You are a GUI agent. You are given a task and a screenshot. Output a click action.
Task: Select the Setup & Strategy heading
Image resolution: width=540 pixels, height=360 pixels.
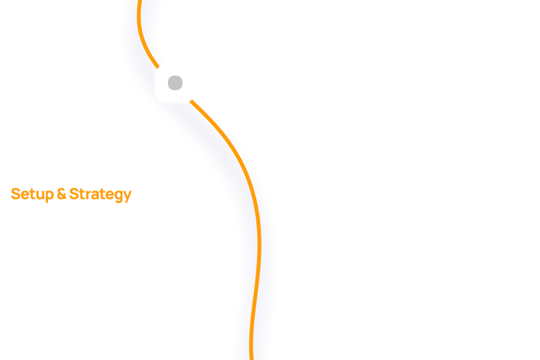coord(71,193)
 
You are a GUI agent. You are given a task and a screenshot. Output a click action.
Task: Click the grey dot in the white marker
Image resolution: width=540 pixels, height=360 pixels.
coord(175,84)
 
